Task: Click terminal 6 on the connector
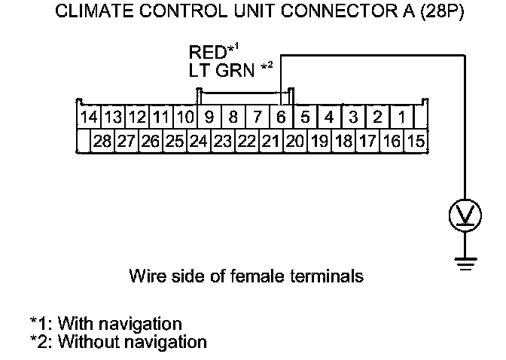(x=280, y=117)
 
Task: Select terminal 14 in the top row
(x=89, y=117)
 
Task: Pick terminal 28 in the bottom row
(x=101, y=141)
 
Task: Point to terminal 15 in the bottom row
(x=415, y=141)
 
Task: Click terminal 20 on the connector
(x=294, y=141)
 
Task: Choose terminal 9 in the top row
(x=209, y=117)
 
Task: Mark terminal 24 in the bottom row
(x=198, y=141)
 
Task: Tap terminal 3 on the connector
(x=353, y=117)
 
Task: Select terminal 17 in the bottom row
(x=367, y=141)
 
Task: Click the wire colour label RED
(x=207, y=53)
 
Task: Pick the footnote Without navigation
(x=132, y=341)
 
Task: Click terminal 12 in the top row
(x=136, y=117)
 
